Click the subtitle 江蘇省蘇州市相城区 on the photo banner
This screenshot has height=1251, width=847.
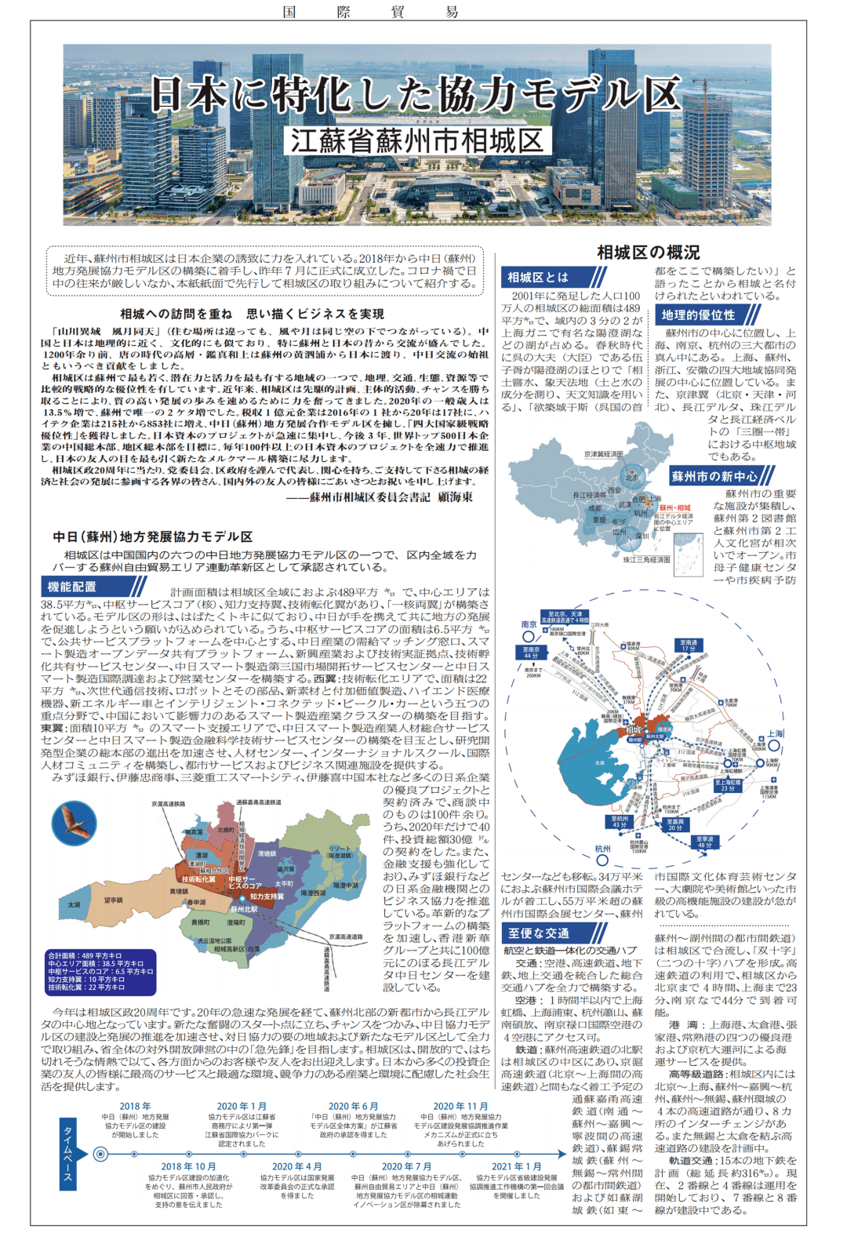417,141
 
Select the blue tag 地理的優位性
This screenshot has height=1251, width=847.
698,315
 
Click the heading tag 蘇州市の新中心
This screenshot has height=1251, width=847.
714,476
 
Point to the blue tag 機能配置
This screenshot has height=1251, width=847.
72,586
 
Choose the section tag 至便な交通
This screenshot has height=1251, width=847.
538,933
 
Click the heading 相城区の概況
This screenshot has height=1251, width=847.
648,252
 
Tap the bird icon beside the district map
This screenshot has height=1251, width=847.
74,824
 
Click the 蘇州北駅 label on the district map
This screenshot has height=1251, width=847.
243,909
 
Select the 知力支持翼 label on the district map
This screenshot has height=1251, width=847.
267,896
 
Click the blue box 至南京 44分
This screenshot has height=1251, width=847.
531,653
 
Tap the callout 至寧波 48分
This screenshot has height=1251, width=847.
704,842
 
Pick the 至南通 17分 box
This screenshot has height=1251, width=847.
688,645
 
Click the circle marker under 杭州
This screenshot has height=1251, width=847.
602,861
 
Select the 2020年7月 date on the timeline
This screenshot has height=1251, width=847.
406,1166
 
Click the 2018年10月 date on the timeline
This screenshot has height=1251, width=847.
188,1166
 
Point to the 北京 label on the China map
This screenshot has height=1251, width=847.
632,477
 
